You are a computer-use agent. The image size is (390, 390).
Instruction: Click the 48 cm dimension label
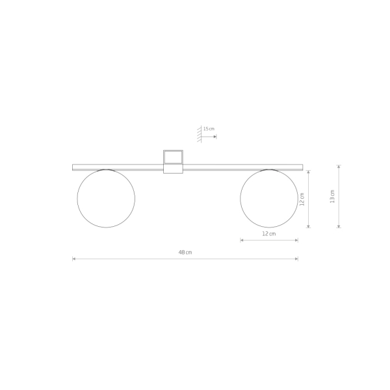(x=185, y=252)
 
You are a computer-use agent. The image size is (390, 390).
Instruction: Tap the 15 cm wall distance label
(x=209, y=129)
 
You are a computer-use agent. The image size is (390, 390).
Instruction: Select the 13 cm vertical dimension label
(x=332, y=196)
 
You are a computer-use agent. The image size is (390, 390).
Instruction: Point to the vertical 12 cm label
(x=302, y=200)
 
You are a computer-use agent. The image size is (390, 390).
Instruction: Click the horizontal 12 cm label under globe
(x=269, y=234)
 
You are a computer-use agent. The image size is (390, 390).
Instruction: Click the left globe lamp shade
(x=77, y=198)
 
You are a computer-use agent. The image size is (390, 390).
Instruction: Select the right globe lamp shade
(x=240, y=198)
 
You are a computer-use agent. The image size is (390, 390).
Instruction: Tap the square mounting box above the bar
(x=173, y=151)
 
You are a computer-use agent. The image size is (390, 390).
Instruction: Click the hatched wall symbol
(x=200, y=134)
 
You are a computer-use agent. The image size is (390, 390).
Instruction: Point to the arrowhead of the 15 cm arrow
(x=215, y=136)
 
